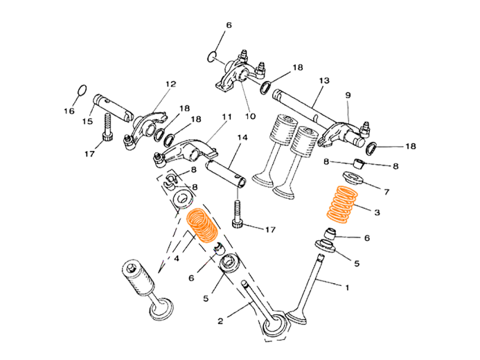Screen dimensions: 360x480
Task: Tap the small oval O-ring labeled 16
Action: coord(81,91)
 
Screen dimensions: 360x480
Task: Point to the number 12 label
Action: coord(170,84)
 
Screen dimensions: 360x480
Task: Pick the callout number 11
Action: coord(226,118)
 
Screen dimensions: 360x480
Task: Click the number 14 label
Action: coord(241,138)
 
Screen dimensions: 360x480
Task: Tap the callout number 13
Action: coord(323,80)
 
